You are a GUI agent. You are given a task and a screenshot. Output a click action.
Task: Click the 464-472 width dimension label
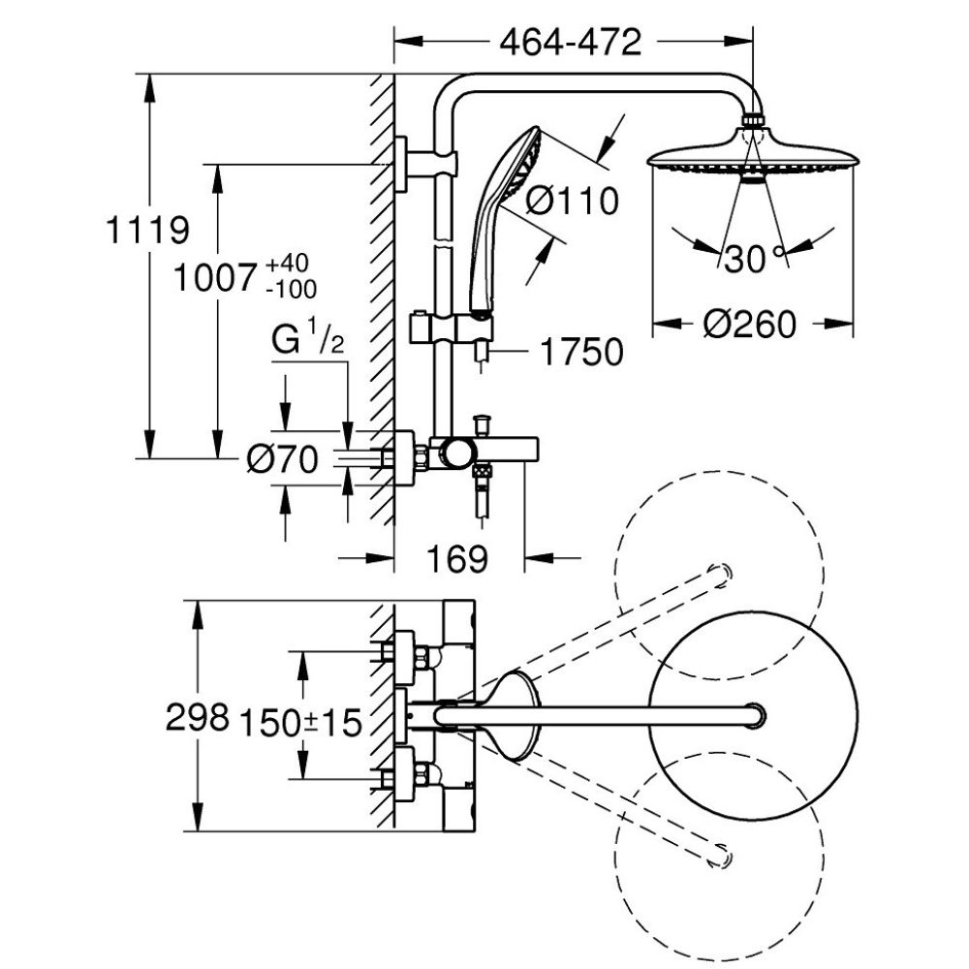coord(572,42)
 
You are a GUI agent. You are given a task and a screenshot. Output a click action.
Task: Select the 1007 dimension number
coord(218,278)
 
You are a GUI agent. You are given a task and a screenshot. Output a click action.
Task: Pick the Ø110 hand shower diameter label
coord(572,202)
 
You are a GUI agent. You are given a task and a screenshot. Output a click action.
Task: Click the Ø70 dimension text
coord(282,461)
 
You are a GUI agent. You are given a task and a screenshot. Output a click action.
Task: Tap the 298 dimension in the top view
coord(197,717)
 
